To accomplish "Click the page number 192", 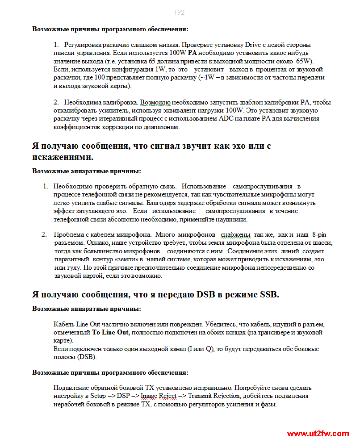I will tap(180, 13).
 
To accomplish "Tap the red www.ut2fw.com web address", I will tap(318, 434).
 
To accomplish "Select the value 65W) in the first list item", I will tap(305, 61).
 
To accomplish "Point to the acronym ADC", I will tap(228, 119).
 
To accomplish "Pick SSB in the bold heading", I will tap(269, 295).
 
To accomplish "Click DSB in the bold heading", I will tap(207, 295).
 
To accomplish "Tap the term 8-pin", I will tap(321, 234).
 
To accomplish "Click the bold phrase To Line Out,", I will tap(111, 332).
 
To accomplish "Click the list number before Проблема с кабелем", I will tap(44, 234).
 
